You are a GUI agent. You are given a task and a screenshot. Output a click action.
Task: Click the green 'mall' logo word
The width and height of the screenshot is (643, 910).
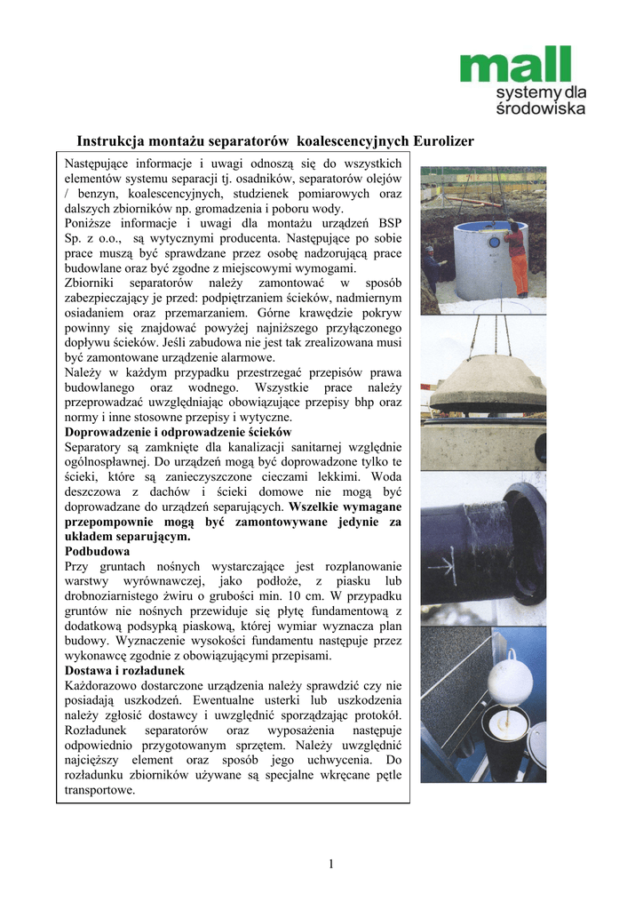514,67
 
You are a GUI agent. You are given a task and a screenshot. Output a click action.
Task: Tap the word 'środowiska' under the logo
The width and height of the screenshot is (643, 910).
541,108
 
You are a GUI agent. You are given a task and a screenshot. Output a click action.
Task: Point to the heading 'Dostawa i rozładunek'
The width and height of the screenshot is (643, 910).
125,670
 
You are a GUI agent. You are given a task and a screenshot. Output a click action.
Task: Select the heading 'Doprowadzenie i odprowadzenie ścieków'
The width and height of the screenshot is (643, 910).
179,432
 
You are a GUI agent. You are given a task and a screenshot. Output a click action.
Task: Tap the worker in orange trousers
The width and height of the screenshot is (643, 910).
518,258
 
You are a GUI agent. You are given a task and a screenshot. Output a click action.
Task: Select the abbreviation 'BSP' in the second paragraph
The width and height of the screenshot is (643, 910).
389,222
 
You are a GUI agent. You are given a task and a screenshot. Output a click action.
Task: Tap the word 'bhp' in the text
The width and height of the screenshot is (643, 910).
364,402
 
